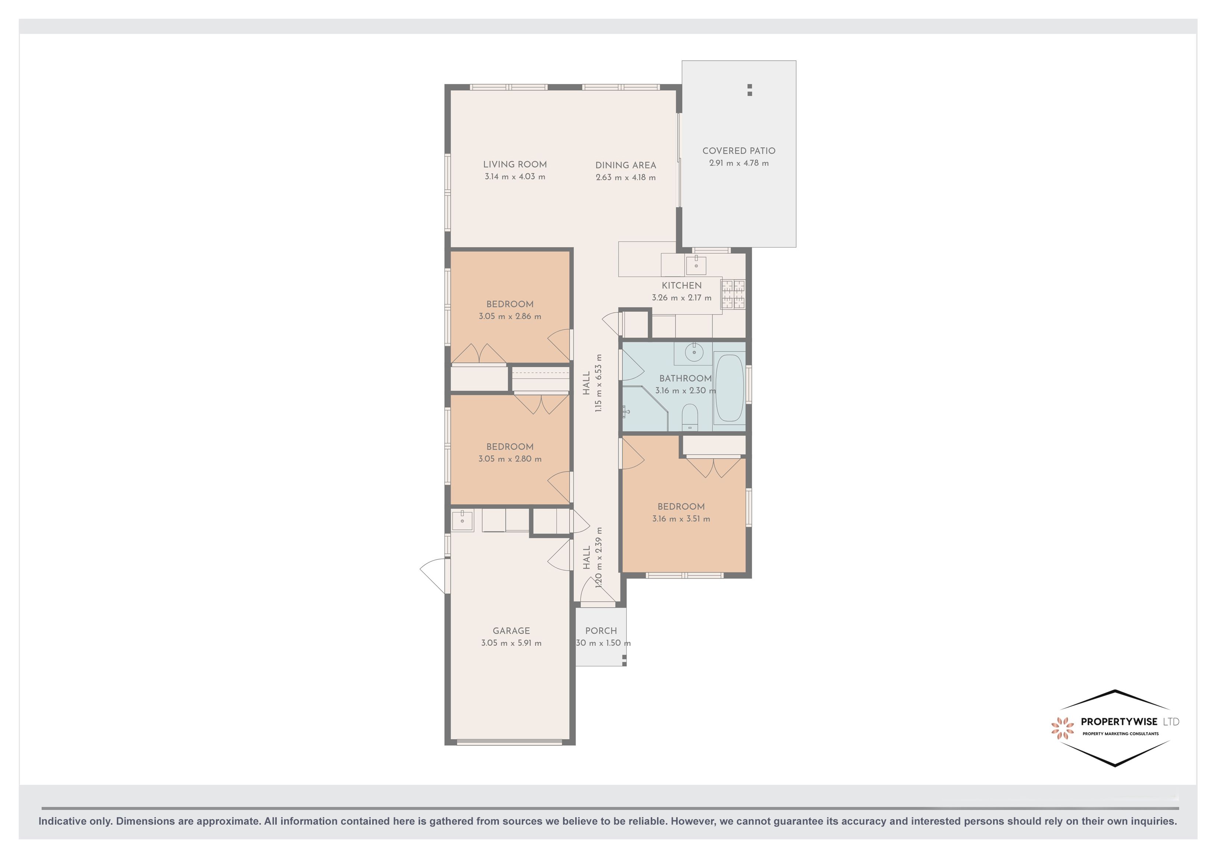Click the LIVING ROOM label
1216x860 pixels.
coord(514,165)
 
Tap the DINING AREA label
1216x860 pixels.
coord(625,165)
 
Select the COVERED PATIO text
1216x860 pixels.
coord(738,151)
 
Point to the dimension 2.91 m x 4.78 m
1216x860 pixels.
coord(738,163)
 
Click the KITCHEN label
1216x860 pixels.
coord(681,285)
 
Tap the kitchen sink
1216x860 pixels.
coord(696,264)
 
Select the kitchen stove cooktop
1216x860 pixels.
coord(733,294)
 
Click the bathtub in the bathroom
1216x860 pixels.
coord(729,387)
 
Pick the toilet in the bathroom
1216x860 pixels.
coord(689,417)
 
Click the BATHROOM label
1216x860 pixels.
coord(685,378)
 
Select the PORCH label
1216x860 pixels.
coord(601,631)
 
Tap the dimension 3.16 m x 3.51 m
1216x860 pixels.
coord(681,519)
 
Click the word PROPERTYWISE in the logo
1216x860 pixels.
coord(1119,722)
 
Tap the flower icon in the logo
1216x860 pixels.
coord(1062,728)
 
